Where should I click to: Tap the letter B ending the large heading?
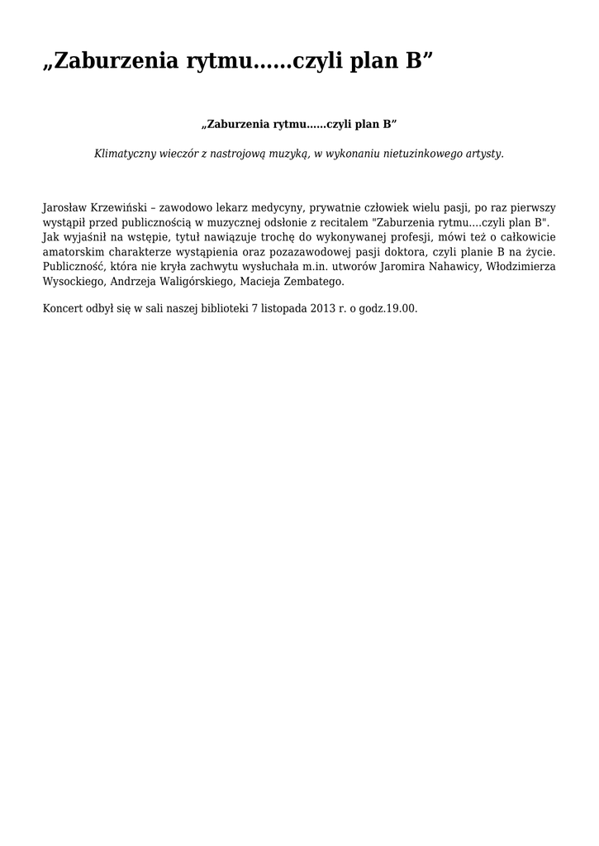click(x=413, y=63)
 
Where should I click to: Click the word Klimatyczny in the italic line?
click(x=128, y=154)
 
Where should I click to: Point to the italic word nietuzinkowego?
click(x=420, y=154)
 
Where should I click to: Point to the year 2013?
click(x=324, y=308)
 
